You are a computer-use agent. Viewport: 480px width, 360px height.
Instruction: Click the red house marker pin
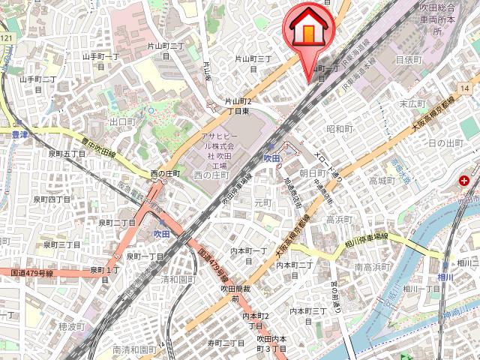pyautogui.click(x=307, y=28)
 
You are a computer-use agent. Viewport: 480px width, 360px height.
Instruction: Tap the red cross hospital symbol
pyautogui.click(x=466, y=181)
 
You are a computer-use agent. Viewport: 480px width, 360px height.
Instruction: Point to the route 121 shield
pyautogui.click(x=7, y=37)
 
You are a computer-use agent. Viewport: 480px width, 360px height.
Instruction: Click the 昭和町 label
pyautogui.click(x=340, y=129)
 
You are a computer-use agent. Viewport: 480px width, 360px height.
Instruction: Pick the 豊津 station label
pyautogui.click(x=19, y=135)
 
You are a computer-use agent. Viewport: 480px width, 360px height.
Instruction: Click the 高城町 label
pyautogui.click(x=381, y=181)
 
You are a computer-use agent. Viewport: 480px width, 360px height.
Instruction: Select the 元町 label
pyautogui.click(x=262, y=203)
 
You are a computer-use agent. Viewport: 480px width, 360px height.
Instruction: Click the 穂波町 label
pyautogui.click(x=72, y=327)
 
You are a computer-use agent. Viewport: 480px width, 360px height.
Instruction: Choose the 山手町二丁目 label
pyautogui.click(x=38, y=83)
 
